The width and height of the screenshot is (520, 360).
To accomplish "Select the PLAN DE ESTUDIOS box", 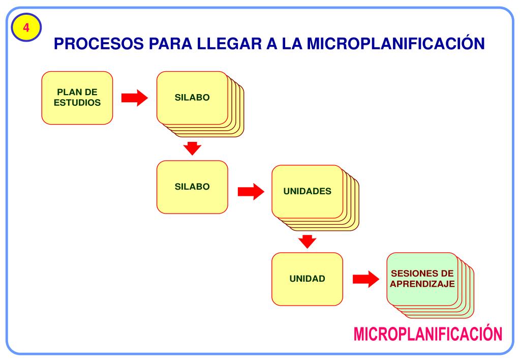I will pyautogui.click(x=77, y=98).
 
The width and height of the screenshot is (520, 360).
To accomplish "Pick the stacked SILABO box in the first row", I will pyautogui.click(x=192, y=98).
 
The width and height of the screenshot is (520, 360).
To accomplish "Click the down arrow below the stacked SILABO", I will pyautogui.click(x=192, y=148).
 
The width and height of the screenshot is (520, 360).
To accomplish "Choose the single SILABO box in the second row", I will pyautogui.click(x=192, y=187).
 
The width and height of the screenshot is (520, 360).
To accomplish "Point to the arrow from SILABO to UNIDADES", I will pyautogui.click(x=251, y=192).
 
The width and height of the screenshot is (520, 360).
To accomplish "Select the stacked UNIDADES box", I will pyautogui.click(x=307, y=192).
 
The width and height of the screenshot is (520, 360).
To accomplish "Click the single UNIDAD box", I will pyautogui.click(x=307, y=279).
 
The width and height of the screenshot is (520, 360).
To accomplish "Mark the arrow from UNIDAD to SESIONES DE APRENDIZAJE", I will pyautogui.click(x=366, y=279).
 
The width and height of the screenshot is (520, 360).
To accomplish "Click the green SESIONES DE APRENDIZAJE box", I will pyautogui.click(x=422, y=279).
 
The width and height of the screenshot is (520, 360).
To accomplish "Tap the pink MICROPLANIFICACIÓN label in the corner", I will pyautogui.click(x=427, y=334).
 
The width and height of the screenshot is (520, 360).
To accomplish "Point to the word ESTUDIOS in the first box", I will pyautogui.click(x=77, y=102).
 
